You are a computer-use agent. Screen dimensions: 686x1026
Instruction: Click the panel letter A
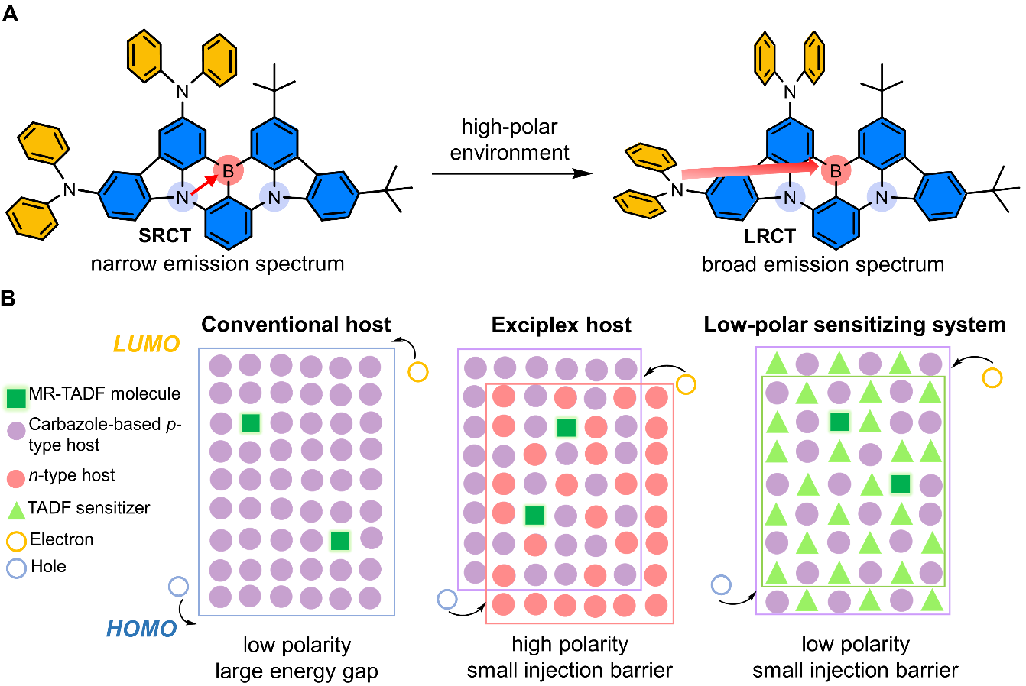point(11,13)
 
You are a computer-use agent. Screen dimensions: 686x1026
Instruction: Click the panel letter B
point(8,298)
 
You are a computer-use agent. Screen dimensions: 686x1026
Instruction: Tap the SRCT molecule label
point(164,235)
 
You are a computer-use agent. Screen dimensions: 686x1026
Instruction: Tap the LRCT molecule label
point(770,236)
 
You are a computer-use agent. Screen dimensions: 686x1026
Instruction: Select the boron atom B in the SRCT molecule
point(227,171)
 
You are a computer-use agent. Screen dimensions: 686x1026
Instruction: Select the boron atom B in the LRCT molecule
point(835,170)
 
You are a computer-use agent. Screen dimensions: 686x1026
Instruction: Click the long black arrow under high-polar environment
point(511,173)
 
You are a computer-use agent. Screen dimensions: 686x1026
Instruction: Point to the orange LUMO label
point(147,344)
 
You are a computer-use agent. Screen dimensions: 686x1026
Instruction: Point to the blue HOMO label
point(141,629)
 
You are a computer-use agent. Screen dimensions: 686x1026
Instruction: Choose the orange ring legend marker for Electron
point(16,541)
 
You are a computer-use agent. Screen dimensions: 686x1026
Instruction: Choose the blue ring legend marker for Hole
point(16,568)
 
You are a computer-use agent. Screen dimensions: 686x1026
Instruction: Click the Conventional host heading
point(296,325)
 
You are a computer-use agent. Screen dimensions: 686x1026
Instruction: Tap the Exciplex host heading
point(561,325)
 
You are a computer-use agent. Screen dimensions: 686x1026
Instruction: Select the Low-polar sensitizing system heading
point(855,325)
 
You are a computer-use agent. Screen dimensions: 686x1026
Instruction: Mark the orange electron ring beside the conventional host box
point(417,372)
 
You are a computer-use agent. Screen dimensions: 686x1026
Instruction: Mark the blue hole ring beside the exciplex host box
point(446,598)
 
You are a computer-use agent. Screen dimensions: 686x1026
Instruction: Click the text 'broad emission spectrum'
point(823,265)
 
